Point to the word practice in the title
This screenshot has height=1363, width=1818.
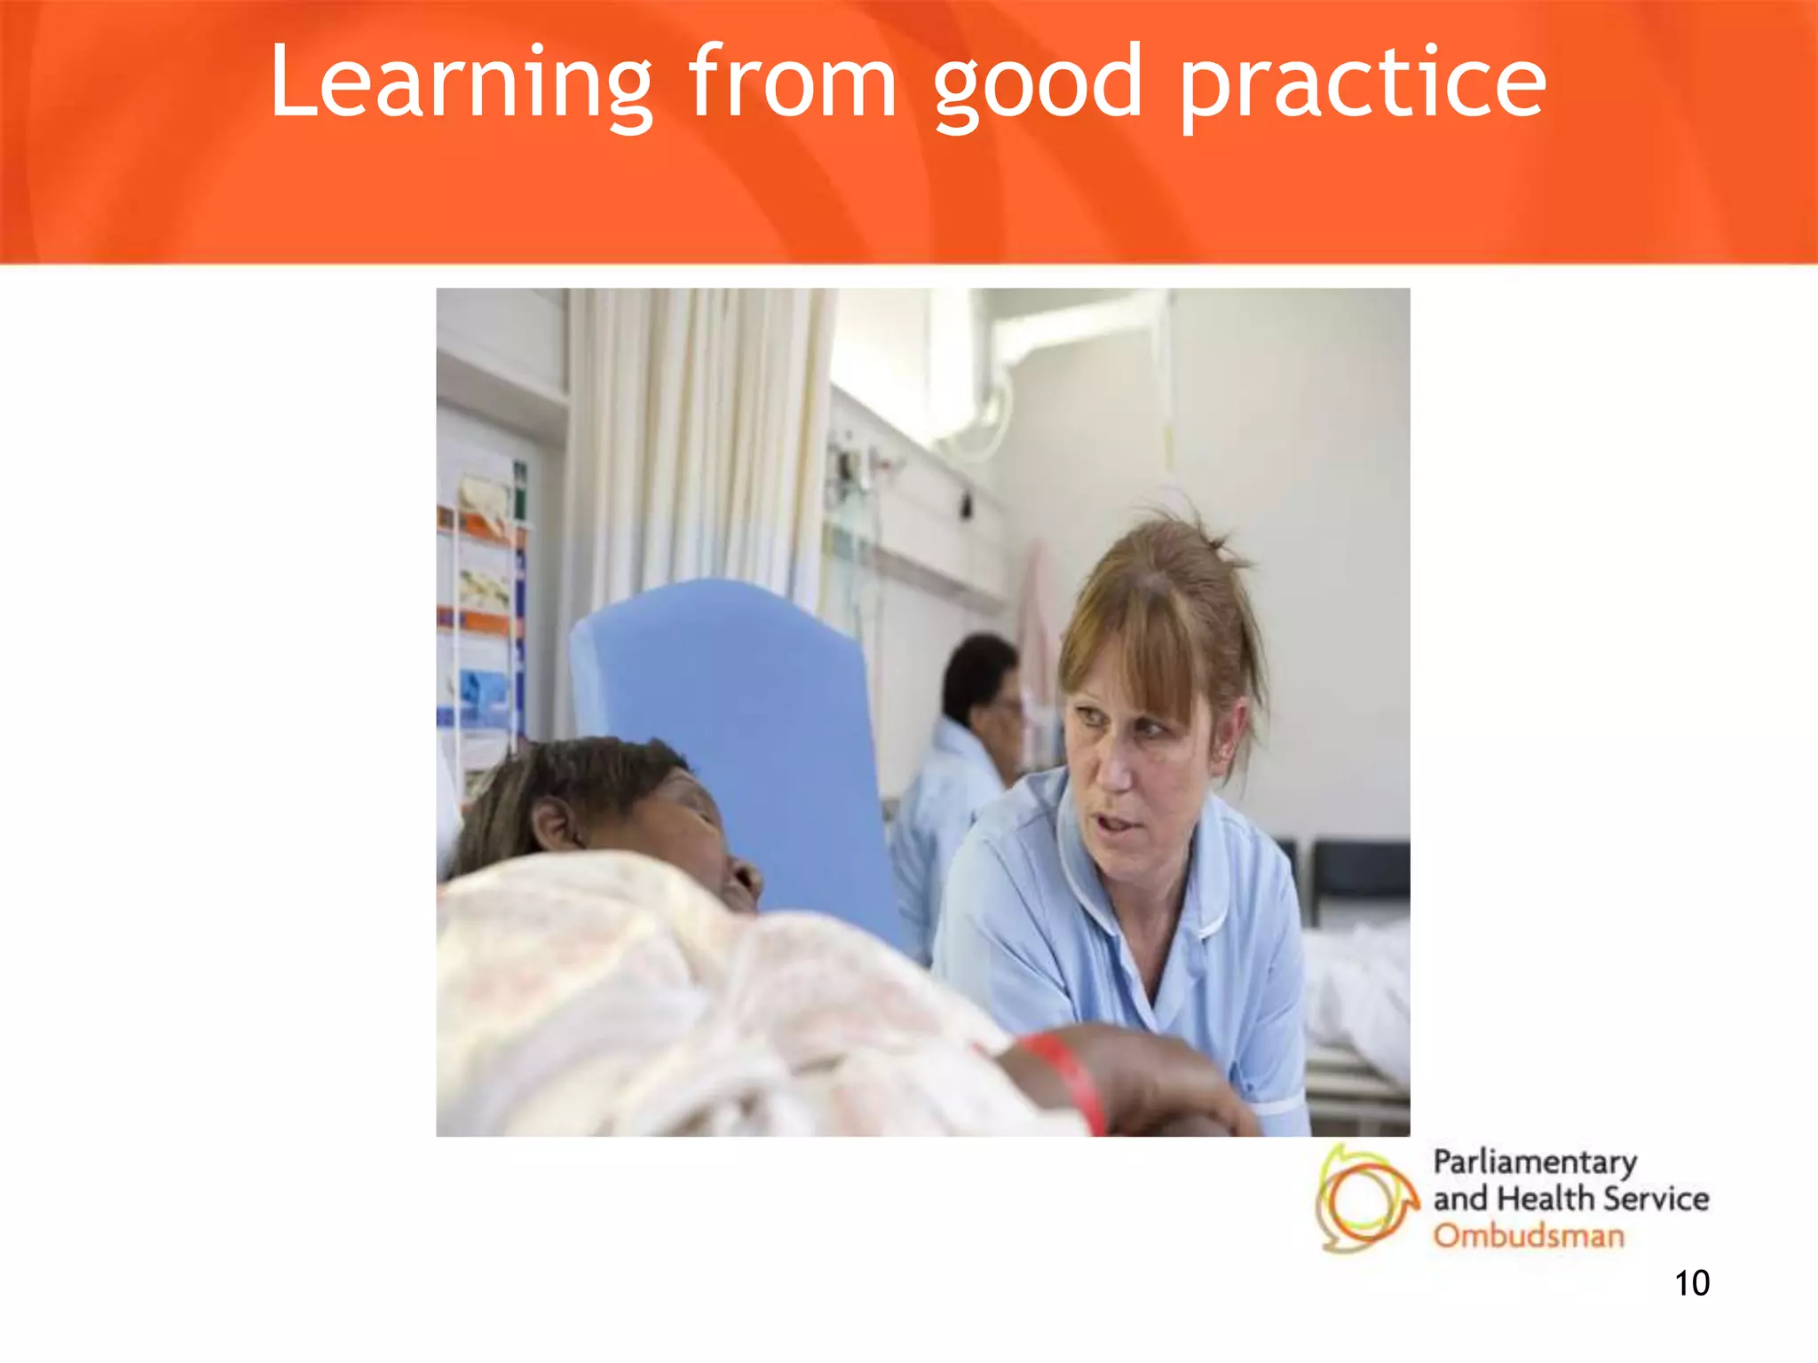[1363, 85]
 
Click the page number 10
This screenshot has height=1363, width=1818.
[1691, 1283]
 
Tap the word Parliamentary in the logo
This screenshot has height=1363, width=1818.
[1535, 1162]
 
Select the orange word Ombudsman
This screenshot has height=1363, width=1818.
[1529, 1235]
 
